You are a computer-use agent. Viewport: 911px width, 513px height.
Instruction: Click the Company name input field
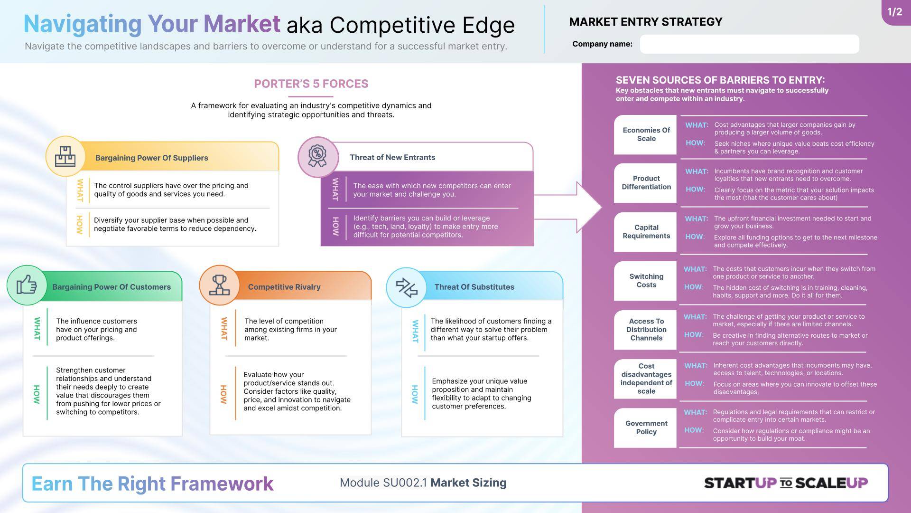click(x=749, y=44)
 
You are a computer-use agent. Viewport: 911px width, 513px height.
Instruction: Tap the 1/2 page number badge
click(x=896, y=12)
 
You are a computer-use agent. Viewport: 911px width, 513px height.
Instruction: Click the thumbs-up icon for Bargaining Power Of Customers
click(x=27, y=285)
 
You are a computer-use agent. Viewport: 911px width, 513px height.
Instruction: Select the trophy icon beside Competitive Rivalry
click(x=219, y=285)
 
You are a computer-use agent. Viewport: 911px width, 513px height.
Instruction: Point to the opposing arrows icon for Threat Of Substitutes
click(x=407, y=287)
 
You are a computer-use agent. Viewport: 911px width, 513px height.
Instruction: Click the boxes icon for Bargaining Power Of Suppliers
click(x=65, y=156)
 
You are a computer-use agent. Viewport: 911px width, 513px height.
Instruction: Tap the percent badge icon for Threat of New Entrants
click(x=317, y=156)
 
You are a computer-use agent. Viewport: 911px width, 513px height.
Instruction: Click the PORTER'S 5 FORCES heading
click(x=311, y=84)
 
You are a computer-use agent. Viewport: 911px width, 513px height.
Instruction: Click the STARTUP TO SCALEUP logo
click(x=786, y=483)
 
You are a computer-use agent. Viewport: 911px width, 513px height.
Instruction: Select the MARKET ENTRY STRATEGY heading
click(x=646, y=22)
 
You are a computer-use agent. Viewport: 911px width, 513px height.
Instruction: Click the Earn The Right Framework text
click(x=152, y=484)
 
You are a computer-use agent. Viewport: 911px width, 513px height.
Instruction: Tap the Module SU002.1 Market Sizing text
click(x=423, y=483)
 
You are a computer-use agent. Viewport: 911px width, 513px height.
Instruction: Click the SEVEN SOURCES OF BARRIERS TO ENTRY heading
click(x=720, y=80)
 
